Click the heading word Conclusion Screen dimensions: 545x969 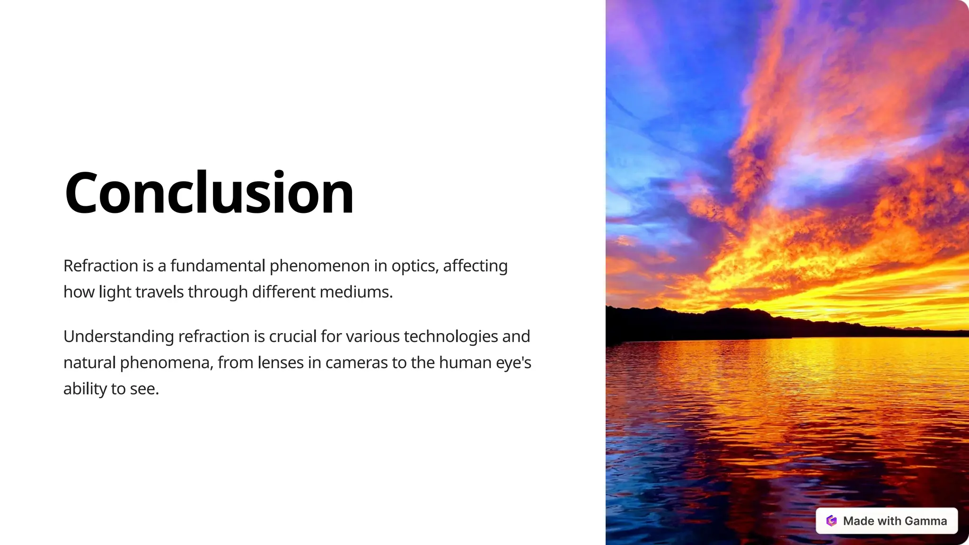click(x=209, y=193)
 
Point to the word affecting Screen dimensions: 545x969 click(x=475, y=266)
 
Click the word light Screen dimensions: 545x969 click(x=115, y=292)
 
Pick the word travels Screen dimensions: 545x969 click(x=159, y=292)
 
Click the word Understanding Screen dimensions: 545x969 click(x=119, y=337)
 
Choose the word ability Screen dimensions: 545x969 click(x=85, y=389)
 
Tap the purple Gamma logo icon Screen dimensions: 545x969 click(x=831, y=521)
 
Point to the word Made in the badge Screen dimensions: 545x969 click(x=858, y=521)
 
